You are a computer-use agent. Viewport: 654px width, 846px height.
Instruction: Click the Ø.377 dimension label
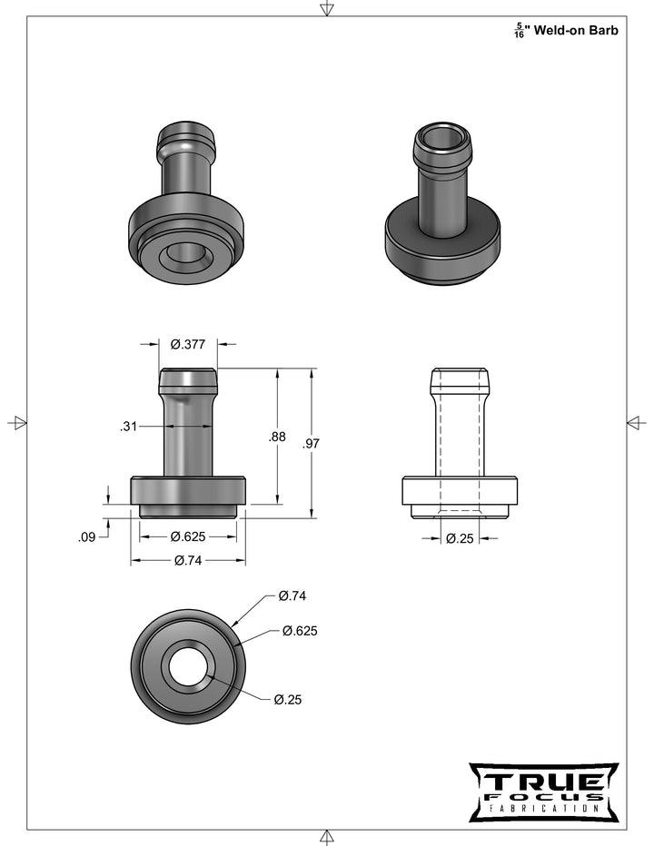pyautogui.click(x=188, y=344)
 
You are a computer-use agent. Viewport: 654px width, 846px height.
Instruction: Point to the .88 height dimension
pyautogui.click(x=278, y=437)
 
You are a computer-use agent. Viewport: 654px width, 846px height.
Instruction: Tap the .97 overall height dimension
pyautogui.click(x=312, y=443)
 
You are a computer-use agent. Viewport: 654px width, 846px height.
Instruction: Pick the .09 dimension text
pyautogui.click(x=87, y=537)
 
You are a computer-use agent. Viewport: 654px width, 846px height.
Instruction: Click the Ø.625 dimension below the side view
pyautogui.click(x=188, y=536)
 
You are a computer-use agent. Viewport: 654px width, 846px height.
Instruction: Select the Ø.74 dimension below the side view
pyautogui.click(x=188, y=561)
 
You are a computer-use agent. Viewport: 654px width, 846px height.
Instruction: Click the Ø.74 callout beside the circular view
pyautogui.click(x=292, y=596)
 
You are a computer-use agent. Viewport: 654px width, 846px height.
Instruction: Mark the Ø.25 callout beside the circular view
pyautogui.click(x=288, y=699)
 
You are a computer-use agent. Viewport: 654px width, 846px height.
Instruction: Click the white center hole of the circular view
pyautogui.click(x=188, y=665)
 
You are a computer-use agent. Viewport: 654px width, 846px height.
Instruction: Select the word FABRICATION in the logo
pyautogui.click(x=543, y=807)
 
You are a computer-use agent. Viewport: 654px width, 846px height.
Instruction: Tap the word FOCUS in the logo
pyautogui.click(x=543, y=796)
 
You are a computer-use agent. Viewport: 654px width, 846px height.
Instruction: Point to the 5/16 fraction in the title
pyautogui.click(x=519, y=31)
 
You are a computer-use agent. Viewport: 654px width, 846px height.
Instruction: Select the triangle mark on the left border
pyautogui.click(x=17, y=423)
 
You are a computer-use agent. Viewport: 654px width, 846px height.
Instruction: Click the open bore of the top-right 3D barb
pyautogui.click(x=442, y=137)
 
